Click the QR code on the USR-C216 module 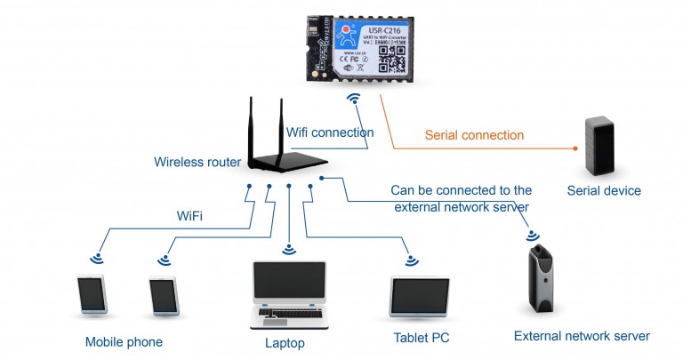[x=391, y=57]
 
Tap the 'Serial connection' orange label [x=474, y=135]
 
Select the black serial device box [x=600, y=146]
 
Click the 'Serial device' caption [x=604, y=191]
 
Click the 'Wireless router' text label [x=197, y=163]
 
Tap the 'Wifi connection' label [x=329, y=132]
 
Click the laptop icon [x=288, y=293]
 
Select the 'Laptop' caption [x=285, y=343]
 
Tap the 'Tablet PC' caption [x=422, y=339]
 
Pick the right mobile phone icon [x=163, y=296]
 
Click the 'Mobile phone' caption [x=124, y=342]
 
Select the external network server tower [x=541, y=280]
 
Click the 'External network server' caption [x=582, y=336]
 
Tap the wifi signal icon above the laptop [x=288, y=250]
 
